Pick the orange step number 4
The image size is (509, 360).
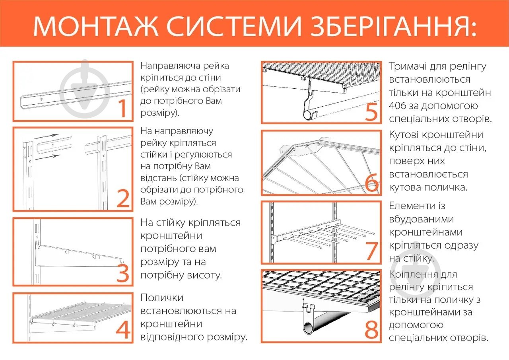point(123,330)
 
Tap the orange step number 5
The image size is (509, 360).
point(371,112)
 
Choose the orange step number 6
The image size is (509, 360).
point(371,183)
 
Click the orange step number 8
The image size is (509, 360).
point(371,330)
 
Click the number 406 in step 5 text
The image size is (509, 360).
point(400,106)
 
